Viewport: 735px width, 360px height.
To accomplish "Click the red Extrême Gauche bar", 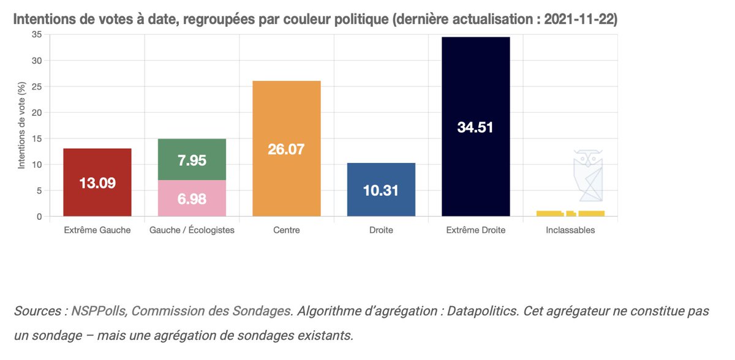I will pos(97,182).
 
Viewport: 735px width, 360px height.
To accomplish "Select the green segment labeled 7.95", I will pos(192,160).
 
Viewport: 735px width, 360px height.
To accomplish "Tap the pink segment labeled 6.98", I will pos(192,198).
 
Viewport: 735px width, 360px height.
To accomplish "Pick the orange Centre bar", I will pos(287,148).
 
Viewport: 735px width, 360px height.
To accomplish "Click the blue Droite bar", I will pos(381,190).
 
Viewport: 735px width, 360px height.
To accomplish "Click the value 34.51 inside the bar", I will pos(476,127).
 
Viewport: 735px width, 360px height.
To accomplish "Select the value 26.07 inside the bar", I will pos(287,149).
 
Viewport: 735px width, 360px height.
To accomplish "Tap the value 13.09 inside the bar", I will pos(97,183).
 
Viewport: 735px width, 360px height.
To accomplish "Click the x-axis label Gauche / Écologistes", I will pos(192,231).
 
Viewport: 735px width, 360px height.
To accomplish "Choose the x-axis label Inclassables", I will pos(570,231).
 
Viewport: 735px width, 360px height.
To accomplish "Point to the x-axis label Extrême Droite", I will pos(476,231).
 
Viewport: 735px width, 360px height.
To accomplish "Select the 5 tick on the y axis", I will pos(39,190).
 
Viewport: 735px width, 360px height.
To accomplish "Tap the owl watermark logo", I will pos(588,175).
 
